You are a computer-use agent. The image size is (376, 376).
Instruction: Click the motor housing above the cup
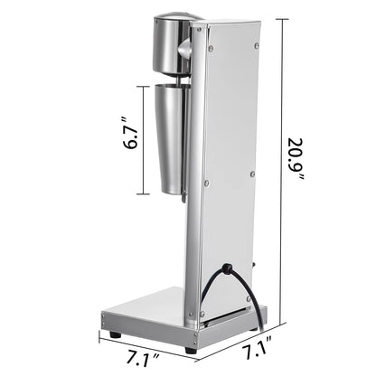[x=171, y=45]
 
